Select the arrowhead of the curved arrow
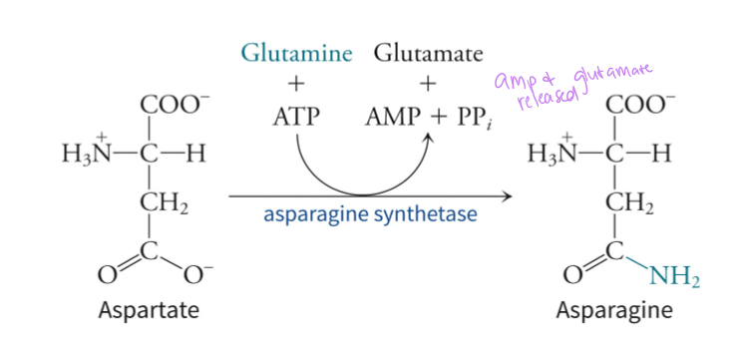(431, 141)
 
